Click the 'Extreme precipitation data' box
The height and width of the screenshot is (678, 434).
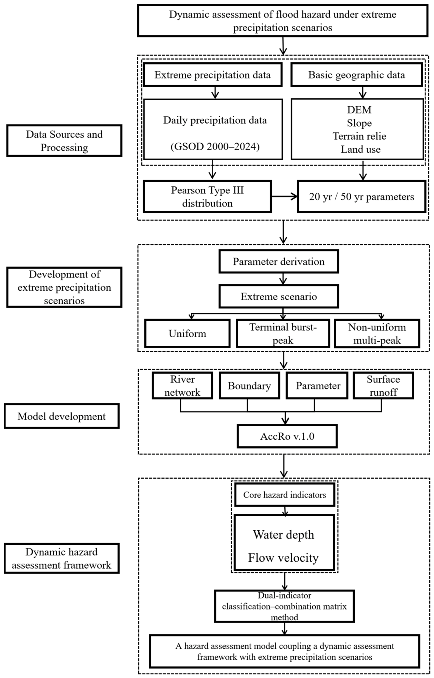pos(213,75)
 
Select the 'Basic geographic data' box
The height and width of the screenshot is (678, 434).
pos(357,75)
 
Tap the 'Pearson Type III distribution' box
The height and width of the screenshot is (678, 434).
pos(207,197)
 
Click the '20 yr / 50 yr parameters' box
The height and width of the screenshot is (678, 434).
pos(362,197)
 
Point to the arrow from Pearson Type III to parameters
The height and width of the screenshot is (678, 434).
pos(284,197)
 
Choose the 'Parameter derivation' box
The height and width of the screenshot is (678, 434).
pos(279,261)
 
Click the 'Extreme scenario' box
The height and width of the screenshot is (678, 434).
pos(279,297)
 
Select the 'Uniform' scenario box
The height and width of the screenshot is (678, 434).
pos(188,333)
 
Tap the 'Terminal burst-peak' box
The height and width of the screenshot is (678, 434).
pos(283,333)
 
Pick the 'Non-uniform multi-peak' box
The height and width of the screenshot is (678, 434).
pos(377,333)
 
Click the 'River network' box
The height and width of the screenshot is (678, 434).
pos(182,385)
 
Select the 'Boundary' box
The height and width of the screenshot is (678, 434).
pos(249,385)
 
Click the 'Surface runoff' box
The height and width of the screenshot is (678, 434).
pos(383,385)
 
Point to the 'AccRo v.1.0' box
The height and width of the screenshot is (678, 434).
pos(287,436)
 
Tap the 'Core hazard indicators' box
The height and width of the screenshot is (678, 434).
pos(285,495)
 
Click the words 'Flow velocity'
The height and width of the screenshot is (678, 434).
pos(283,558)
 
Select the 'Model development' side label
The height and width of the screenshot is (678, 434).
pos(62,416)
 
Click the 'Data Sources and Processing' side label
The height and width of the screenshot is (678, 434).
pos(64,141)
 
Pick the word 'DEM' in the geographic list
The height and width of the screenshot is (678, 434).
pos(359,110)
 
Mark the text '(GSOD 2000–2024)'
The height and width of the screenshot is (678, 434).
pos(215,146)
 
